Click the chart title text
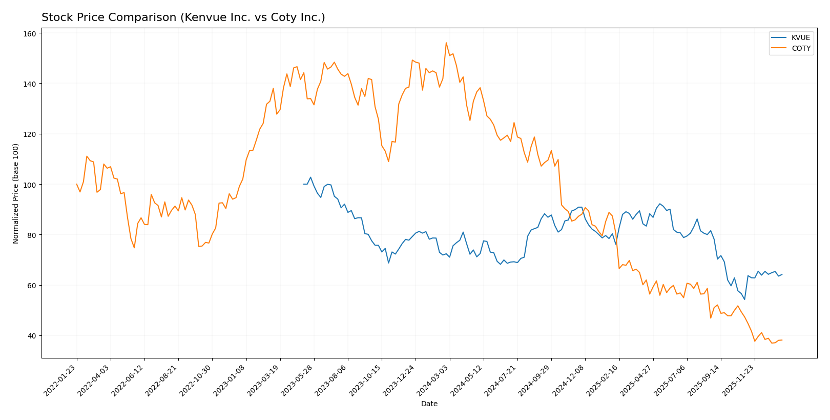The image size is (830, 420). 183,17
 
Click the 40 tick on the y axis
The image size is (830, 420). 32,336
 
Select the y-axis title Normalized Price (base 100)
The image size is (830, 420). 16,193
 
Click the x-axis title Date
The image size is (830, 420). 429,404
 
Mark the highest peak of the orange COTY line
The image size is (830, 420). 446,43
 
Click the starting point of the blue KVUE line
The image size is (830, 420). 304,184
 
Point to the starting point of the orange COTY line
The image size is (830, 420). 77,184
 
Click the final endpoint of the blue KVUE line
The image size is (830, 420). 782,274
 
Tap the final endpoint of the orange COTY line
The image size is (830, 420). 782,340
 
